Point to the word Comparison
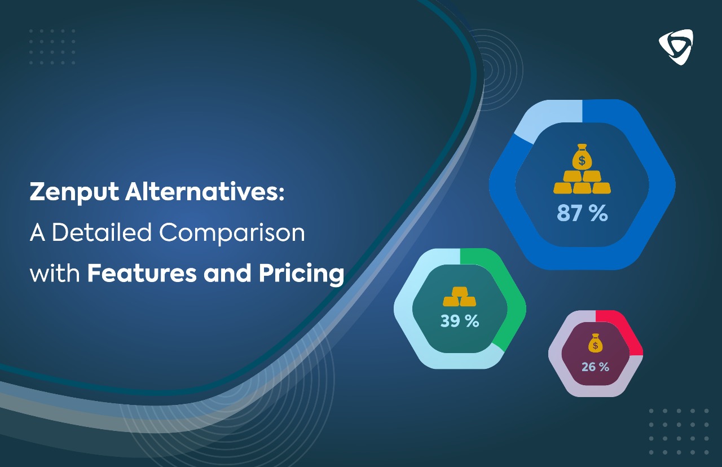tap(232, 233)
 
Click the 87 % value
tap(582, 214)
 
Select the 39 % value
tap(460, 321)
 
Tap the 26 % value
tap(595, 367)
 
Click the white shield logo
tap(676, 47)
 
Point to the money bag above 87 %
tap(582, 157)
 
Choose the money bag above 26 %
tap(595, 343)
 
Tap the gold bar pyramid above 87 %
tap(582, 182)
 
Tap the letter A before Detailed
tap(37, 233)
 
